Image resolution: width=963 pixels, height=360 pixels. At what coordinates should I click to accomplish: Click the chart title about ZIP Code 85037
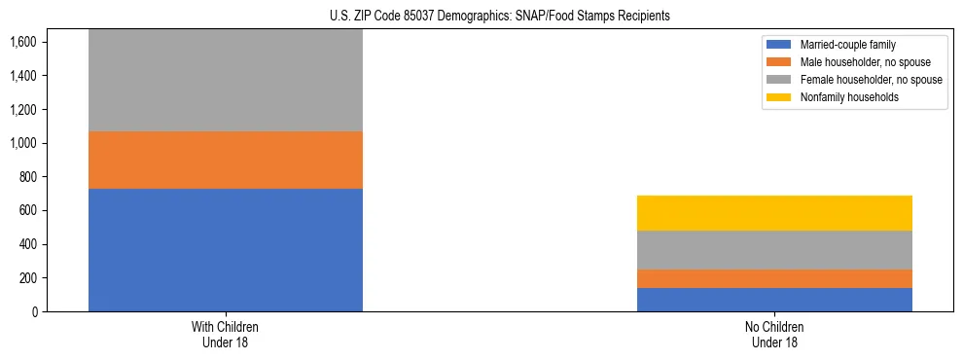(x=481, y=17)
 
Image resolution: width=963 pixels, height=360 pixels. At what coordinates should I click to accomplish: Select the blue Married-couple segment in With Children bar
(x=226, y=250)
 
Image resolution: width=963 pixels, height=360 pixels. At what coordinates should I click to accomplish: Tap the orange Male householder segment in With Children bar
(x=226, y=160)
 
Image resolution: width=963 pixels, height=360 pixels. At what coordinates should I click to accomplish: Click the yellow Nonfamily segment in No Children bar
(x=774, y=213)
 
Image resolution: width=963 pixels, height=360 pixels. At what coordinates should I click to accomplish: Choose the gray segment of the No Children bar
(x=774, y=250)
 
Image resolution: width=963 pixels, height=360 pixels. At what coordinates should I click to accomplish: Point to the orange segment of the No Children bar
(x=774, y=278)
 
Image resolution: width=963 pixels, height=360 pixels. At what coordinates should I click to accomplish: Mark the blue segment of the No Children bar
(x=774, y=300)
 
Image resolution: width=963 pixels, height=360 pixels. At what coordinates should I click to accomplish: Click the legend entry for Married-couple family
(x=847, y=45)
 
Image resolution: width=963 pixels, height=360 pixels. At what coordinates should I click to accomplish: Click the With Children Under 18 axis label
(x=226, y=335)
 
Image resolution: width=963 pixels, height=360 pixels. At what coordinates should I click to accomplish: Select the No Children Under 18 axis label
(x=774, y=335)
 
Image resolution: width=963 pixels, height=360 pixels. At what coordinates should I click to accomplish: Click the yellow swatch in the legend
(x=779, y=97)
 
